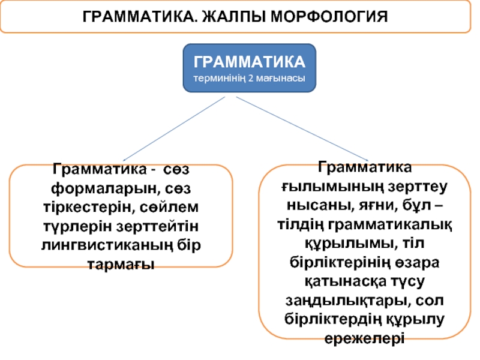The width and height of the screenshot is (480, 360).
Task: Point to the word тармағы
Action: [121, 264]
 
